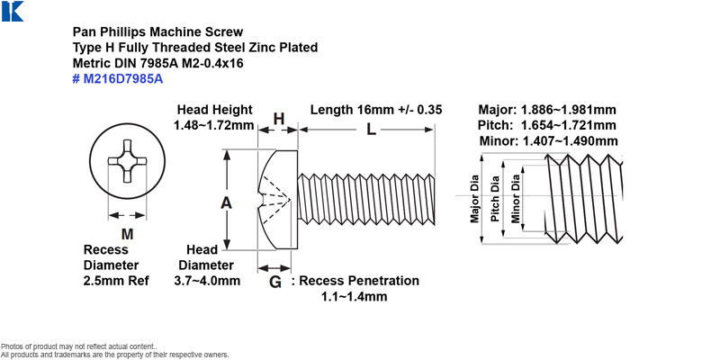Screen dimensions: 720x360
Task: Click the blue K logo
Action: click(13, 11)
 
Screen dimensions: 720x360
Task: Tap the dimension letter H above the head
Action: click(279, 119)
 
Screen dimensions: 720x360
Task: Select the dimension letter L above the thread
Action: click(371, 130)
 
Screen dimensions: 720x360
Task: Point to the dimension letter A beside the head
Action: click(226, 202)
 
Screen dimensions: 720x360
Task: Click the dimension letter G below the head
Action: click(274, 282)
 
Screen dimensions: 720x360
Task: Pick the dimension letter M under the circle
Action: click(127, 234)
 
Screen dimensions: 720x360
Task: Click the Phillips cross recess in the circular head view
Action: click(127, 161)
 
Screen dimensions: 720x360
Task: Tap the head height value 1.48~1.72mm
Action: click(213, 125)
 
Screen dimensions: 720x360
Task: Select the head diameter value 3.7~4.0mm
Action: click(207, 280)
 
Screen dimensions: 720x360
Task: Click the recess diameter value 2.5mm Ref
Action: click(116, 281)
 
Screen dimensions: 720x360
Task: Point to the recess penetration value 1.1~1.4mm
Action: click(354, 296)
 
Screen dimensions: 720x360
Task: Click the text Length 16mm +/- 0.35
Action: click(376, 110)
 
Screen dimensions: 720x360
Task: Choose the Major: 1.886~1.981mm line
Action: click(547, 110)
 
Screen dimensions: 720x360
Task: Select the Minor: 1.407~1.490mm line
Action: click(548, 141)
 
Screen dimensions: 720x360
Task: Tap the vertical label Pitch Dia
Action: click(495, 198)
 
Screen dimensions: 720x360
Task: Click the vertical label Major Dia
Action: click(474, 199)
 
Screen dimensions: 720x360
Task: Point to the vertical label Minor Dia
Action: click(516, 199)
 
